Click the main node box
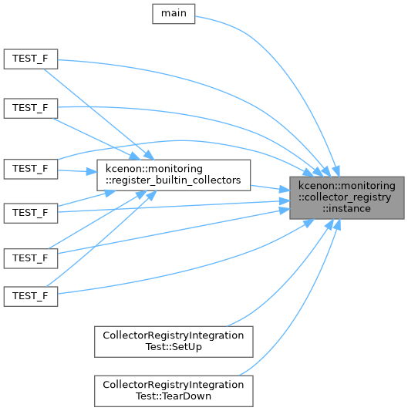click(x=174, y=14)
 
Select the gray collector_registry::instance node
click(x=346, y=197)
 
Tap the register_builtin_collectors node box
click(x=174, y=175)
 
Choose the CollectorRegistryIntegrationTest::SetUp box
click(x=174, y=342)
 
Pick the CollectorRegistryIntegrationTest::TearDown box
click(x=174, y=391)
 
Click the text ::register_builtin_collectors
click(x=173, y=180)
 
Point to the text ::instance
click(x=346, y=209)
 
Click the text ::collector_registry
click(x=345, y=197)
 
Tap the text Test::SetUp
click(x=174, y=347)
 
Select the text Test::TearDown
click(x=174, y=396)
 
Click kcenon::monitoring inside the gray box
click(x=346, y=186)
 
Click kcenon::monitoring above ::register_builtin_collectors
click(x=154, y=169)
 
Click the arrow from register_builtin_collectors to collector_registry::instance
click(x=270, y=188)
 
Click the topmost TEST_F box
click(x=31, y=59)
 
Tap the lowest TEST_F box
click(x=31, y=296)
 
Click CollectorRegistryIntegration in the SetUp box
click(x=174, y=335)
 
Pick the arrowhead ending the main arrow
click(x=336, y=171)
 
